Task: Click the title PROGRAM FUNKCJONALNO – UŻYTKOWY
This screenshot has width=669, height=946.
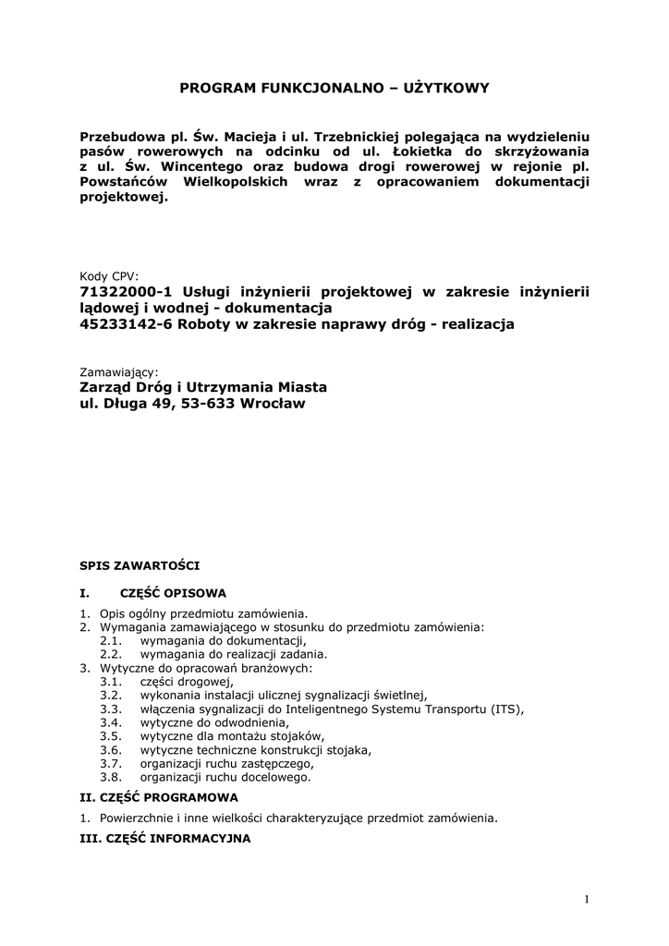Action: (x=334, y=88)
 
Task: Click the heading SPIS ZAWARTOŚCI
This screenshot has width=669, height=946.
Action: (x=139, y=564)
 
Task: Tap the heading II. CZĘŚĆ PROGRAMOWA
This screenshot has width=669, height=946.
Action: (x=159, y=796)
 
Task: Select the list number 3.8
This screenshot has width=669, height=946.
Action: (x=111, y=777)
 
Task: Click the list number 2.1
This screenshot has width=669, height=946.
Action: (x=111, y=640)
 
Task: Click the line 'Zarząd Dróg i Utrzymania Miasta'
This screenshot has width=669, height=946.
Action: (x=204, y=387)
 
